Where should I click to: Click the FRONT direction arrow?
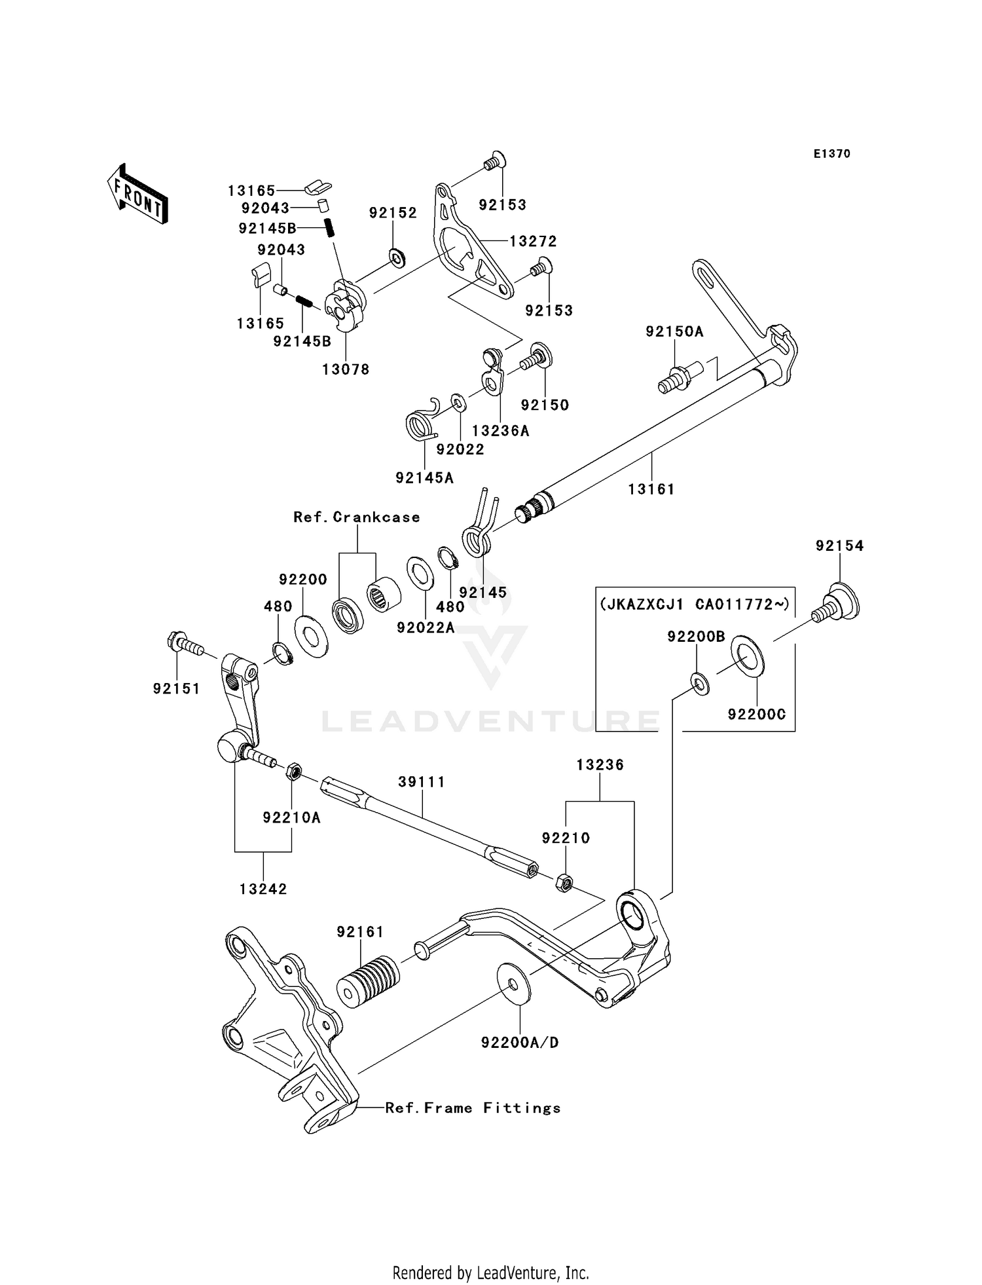[138, 195]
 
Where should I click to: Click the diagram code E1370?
[831, 154]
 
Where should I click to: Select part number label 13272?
[533, 241]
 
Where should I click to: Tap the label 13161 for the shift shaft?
[651, 489]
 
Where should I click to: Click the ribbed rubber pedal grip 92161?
[367, 982]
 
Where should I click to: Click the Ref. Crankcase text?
[357, 517]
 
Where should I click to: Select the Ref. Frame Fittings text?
[473, 1108]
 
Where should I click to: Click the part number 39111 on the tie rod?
[422, 781]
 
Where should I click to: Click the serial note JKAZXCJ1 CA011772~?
[695, 603]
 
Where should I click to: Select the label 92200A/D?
[520, 1042]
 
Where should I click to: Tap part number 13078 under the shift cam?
[346, 369]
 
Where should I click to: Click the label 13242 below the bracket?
[263, 889]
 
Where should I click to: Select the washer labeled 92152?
[396, 258]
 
